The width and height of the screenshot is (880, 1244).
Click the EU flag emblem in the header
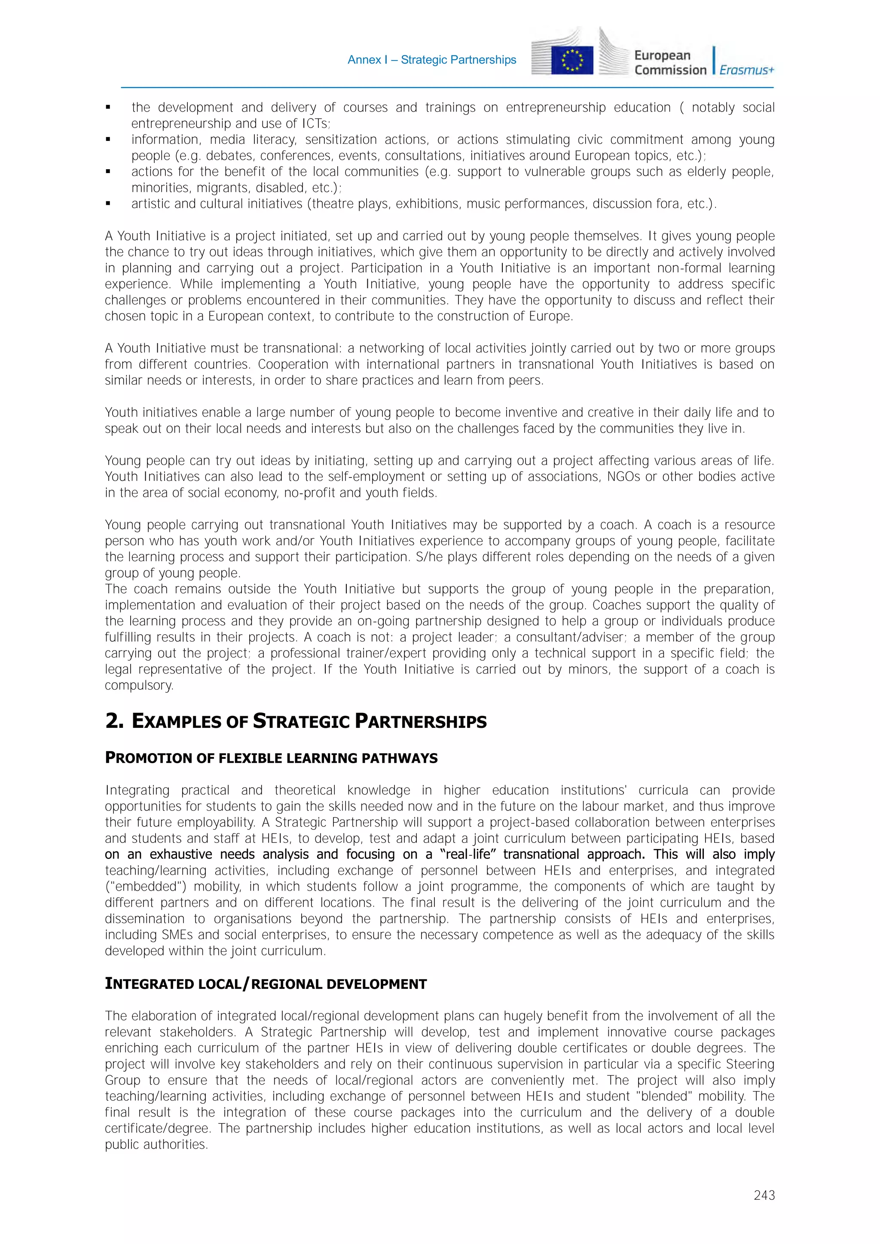pyautogui.click(x=572, y=60)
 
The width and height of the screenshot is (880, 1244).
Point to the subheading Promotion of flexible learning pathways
pyautogui.click(x=271, y=758)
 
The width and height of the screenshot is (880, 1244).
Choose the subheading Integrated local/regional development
pyautogui.click(x=266, y=984)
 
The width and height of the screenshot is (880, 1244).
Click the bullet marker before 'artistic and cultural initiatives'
pyautogui.click(x=108, y=204)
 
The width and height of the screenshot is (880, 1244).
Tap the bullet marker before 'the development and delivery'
pyautogui.click(x=108, y=108)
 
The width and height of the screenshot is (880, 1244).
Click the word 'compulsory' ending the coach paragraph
pyautogui.click(x=139, y=685)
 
